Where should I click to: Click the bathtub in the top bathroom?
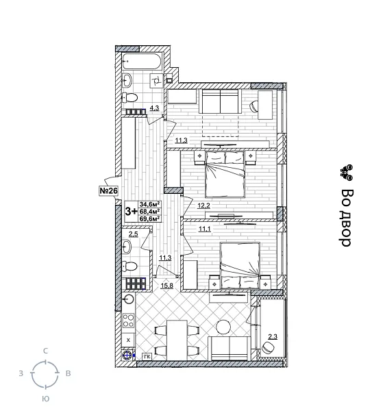click(x=142, y=62)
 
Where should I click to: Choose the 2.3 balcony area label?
click(x=273, y=336)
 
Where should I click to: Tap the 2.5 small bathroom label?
click(x=133, y=234)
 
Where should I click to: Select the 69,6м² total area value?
click(x=149, y=219)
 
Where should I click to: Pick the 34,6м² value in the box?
click(x=149, y=204)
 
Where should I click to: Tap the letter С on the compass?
click(x=45, y=351)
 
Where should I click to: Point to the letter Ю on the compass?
click(x=45, y=398)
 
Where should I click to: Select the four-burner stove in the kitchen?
click(x=128, y=321)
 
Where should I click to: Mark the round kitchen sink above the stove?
click(x=127, y=299)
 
